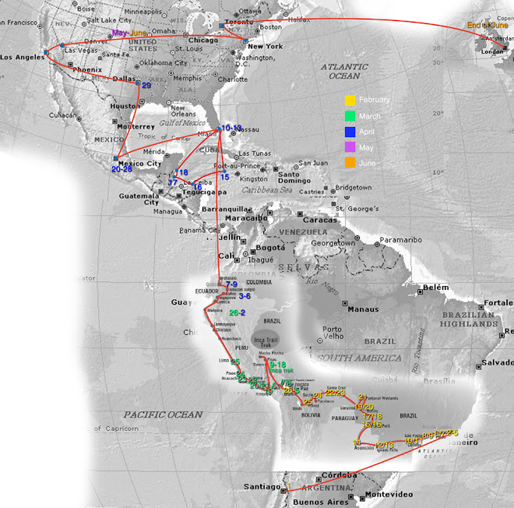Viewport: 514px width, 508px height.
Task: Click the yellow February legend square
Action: coord(350,100)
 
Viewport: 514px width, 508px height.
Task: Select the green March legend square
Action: coord(350,116)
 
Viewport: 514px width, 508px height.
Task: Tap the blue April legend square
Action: coord(350,132)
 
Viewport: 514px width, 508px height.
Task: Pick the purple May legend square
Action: coord(350,148)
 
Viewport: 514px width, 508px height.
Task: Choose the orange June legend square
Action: coord(350,164)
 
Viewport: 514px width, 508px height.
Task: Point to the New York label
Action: coord(265,47)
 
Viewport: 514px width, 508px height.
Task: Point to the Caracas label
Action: coord(322,220)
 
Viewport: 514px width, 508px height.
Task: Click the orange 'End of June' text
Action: coord(486,26)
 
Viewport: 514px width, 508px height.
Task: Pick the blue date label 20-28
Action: coord(122,169)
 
